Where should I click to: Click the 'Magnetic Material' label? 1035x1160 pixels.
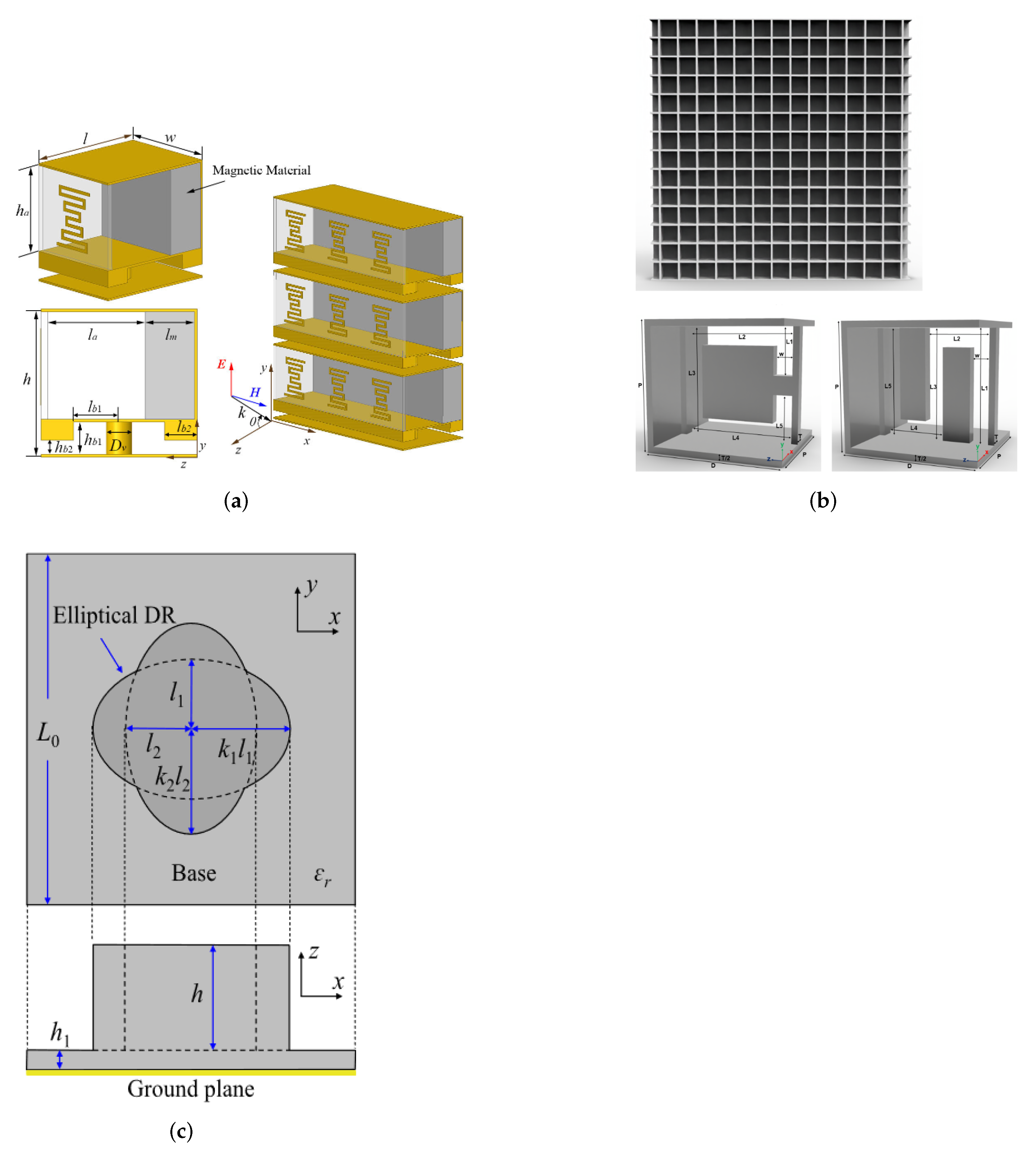point(261,170)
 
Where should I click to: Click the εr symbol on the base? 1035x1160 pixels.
point(323,875)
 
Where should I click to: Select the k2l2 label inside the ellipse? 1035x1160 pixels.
point(172,777)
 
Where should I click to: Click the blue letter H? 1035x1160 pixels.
point(255,393)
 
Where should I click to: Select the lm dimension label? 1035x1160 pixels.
point(171,336)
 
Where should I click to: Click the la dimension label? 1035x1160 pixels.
point(93,336)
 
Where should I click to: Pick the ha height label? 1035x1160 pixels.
point(22,211)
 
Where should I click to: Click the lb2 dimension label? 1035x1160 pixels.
point(183,427)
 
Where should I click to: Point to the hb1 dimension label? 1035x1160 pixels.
point(93,440)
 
